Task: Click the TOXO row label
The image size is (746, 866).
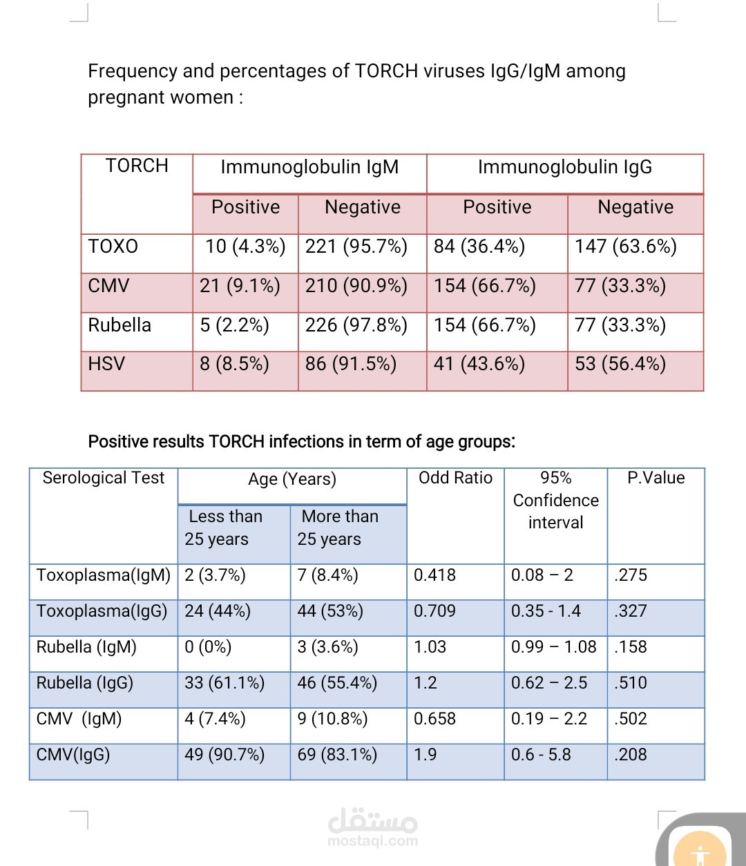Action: pos(113,246)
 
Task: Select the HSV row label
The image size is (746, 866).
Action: pos(106,363)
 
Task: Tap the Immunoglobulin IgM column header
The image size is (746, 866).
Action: pos(309,166)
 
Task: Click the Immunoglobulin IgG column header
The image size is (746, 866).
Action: pos(565,166)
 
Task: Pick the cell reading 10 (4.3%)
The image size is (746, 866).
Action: pos(245,247)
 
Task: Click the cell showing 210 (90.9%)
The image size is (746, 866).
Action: pos(356,286)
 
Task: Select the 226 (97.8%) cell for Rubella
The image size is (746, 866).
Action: pos(356,325)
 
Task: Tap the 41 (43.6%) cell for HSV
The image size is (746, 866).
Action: pos(479,364)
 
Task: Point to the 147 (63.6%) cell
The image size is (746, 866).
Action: pos(625,247)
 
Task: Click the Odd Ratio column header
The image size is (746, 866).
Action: pos(456,478)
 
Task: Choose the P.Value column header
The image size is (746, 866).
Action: pos(656,478)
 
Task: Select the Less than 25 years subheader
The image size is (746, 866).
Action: pos(224,528)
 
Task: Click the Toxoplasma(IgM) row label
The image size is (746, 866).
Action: pos(104,575)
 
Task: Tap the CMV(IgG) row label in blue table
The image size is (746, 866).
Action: pos(73,755)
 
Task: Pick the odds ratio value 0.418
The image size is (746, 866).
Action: pos(434,575)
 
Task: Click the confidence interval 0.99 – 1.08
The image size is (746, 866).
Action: pos(554,647)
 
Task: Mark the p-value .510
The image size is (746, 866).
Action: pos(631,683)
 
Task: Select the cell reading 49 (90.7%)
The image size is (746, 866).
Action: pos(224,755)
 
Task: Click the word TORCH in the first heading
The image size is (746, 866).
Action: pos(386,71)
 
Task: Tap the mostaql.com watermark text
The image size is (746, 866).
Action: pos(372,841)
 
